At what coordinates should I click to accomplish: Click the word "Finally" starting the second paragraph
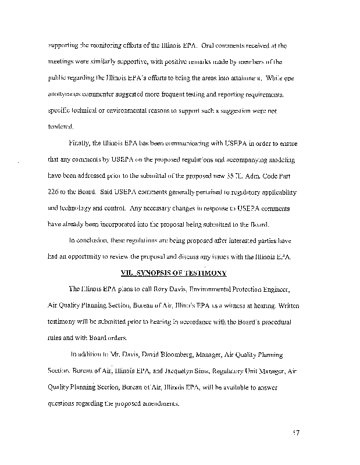pyautogui.click(x=79, y=141)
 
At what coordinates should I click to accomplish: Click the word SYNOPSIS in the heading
pyautogui.click(x=151, y=272)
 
